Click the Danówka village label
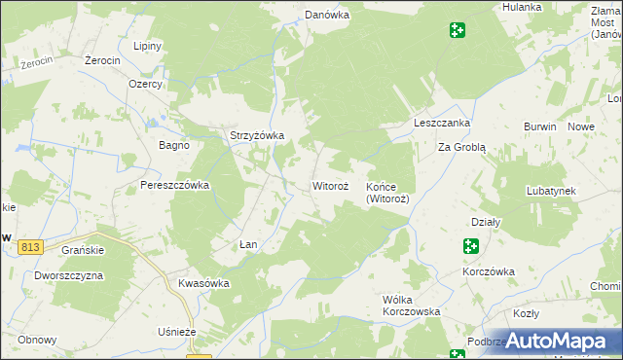tap(326, 15)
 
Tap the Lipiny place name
tap(147, 47)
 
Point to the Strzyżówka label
tap(256, 136)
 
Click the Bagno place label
tap(174, 145)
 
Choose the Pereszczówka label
tap(175, 185)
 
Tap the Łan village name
tap(248, 244)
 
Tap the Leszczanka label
tap(442, 124)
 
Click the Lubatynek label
tap(552, 192)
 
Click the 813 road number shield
tap(29, 248)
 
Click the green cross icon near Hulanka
tap(457, 31)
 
